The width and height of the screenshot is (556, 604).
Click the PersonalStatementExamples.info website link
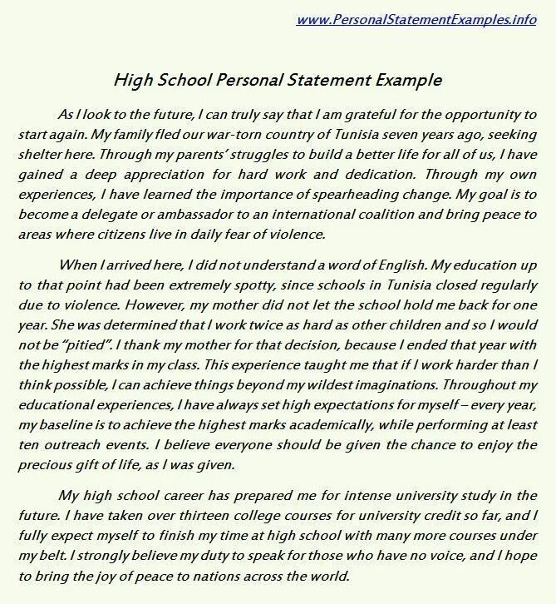coord(416,19)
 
